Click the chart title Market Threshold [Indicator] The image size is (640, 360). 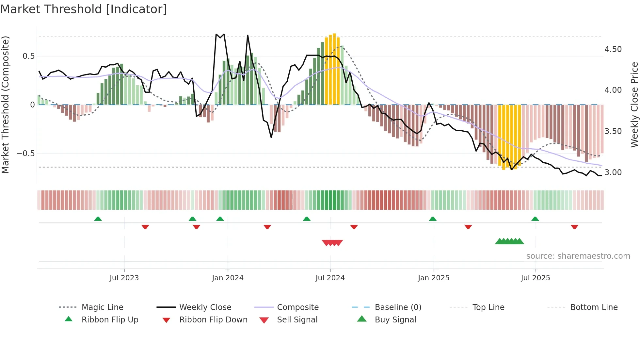84,9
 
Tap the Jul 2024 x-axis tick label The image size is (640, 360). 330,278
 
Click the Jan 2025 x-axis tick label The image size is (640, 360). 433,278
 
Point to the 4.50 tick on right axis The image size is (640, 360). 613,49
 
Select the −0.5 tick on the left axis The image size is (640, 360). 26,154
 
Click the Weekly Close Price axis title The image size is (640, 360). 634,105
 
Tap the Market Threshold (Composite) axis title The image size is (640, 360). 5,105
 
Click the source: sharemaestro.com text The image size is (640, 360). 578,256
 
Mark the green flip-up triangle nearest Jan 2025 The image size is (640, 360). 433,219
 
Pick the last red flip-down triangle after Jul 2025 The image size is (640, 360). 574,227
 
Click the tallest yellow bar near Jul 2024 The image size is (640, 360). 334,69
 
